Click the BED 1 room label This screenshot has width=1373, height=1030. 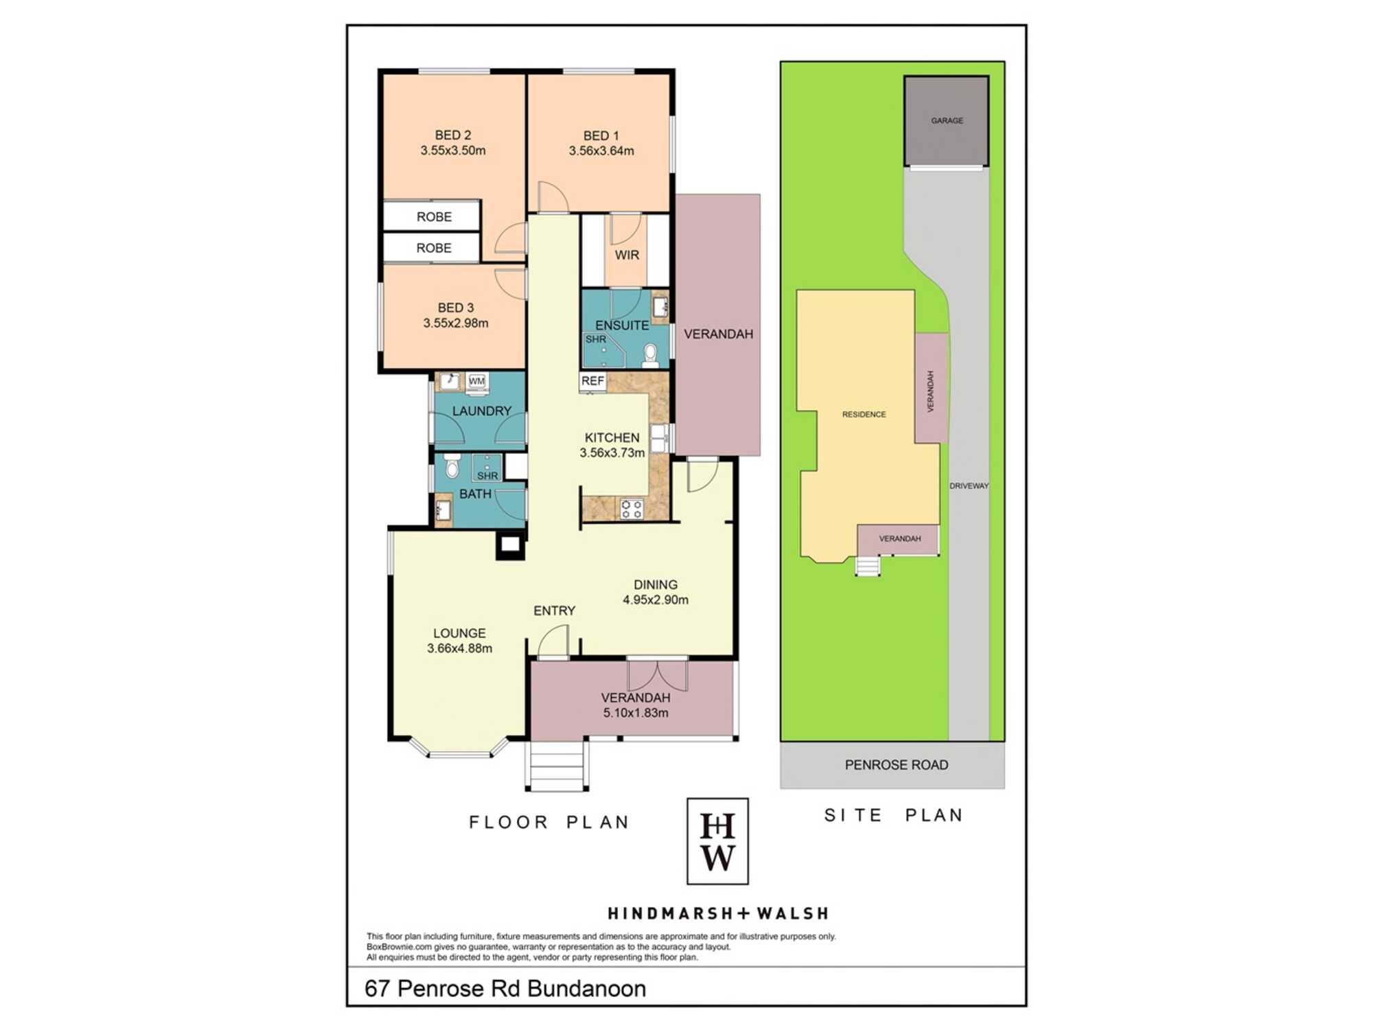tap(601, 136)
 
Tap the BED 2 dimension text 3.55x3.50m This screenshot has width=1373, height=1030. tap(453, 150)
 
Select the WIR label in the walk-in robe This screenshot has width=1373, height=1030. tap(627, 255)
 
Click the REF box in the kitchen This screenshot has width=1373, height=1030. tap(592, 381)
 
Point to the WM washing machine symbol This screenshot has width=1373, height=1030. tap(477, 382)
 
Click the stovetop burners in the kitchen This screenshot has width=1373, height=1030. tap(632, 509)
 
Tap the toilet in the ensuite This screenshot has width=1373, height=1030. tap(650, 355)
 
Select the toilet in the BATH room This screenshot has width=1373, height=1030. tap(452, 466)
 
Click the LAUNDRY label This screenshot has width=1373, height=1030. tap(482, 411)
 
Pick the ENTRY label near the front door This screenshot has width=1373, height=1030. tap(555, 610)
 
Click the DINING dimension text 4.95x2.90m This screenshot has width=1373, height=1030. tap(656, 599)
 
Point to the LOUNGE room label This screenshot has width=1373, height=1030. tap(459, 633)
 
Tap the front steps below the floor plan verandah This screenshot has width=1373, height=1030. tap(557, 766)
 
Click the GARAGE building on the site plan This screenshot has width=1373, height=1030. tap(947, 121)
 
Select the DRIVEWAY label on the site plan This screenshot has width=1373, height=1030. tap(969, 485)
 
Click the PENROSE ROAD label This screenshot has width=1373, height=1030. tap(897, 765)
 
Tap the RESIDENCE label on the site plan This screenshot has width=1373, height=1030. tap(864, 414)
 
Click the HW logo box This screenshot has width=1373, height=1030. tap(717, 841)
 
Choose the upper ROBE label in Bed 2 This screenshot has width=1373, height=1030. tap(434, 217)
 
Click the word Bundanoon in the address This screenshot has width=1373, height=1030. tap(587, 989)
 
